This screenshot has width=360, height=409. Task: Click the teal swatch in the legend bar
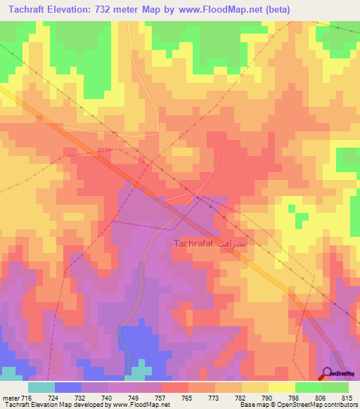41,387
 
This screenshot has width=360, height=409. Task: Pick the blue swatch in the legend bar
68,387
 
